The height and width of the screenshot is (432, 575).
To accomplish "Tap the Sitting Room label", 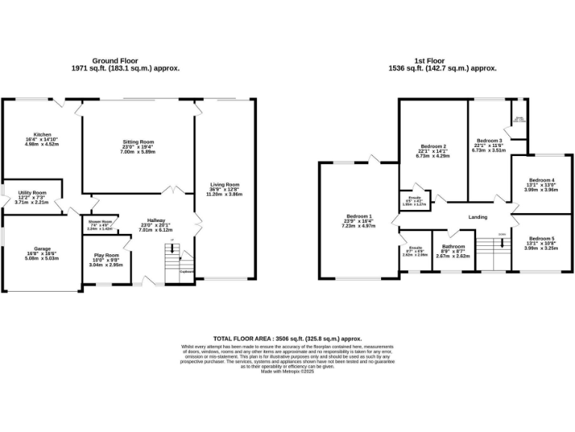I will [138, 142].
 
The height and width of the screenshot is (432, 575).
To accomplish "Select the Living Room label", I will [225, 184].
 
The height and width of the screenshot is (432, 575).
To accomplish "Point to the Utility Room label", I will [32, 193].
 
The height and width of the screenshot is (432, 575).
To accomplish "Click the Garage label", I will [42, 249].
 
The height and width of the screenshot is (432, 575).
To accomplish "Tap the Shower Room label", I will [100, 221].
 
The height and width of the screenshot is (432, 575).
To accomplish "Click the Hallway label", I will [156, 220].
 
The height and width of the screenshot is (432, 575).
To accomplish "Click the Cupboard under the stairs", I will [187, 272].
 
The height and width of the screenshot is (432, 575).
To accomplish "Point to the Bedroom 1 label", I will [359, 217].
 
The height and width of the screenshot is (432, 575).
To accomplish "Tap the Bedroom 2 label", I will [433, 146].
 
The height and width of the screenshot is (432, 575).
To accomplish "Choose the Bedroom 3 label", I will [489, 140].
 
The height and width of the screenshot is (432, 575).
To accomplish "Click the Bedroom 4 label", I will [541, 180].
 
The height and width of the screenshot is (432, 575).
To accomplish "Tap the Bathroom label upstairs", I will [454, 246].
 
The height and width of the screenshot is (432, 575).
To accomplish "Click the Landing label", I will [478, 217].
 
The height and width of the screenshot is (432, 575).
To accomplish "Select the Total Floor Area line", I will [287, 339].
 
